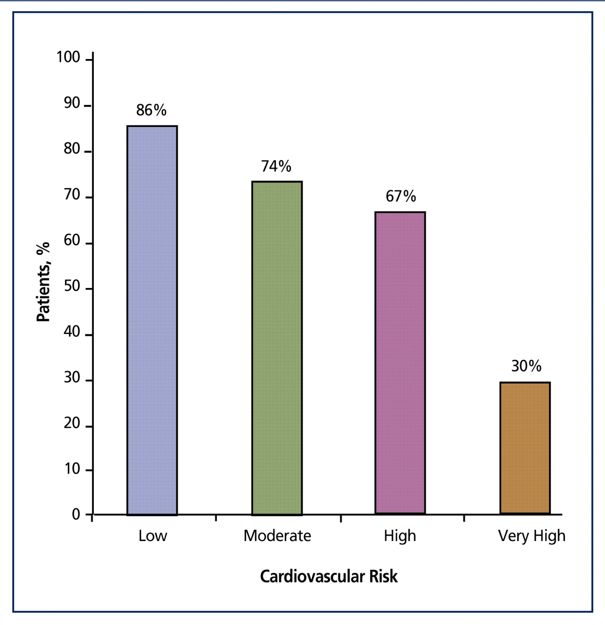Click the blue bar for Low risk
[x=152, y=320]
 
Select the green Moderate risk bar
[x=277, y=348]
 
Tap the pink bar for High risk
[x=400, y=363]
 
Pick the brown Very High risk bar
[x=525, y=448]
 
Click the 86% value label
[x=151, y=110]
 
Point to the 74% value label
[x=276, y=167]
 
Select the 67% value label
[x=401, y=196]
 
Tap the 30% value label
[x=526, y=366]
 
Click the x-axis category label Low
[x=152, y=536]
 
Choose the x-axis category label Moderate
[x=277, y=536]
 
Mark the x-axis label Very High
[x=531, y=536]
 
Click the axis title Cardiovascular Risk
[x=329, y=577]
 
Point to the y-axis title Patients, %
[x=43, y=282]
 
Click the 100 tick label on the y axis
[x=68, y=58]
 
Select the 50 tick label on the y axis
[x=72, y=286]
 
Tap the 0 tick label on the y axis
[x=76, y=514]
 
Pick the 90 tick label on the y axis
[x=72, y=103]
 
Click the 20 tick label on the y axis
[x=72, y=423]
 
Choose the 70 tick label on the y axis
[x=72, y=195]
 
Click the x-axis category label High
[x=400, y=536]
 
